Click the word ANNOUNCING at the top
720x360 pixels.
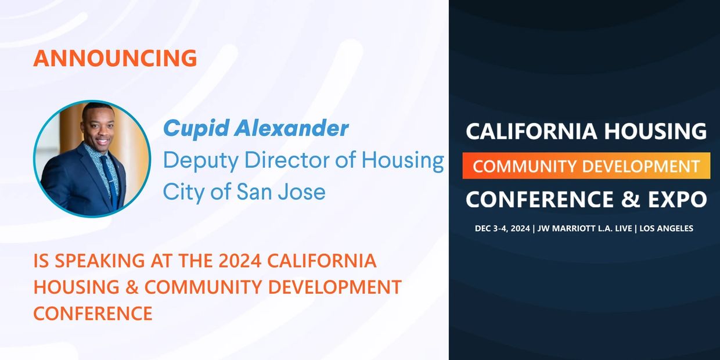(115, 58)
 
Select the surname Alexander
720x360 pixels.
(291, 128)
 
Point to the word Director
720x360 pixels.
(287, 160)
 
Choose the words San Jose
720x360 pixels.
(281, 192)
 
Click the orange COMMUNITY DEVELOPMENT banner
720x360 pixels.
(586, 166)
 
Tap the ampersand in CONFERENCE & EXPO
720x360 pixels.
(631, 199)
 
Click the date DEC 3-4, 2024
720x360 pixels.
(502, 229)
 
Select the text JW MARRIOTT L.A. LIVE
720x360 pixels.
(585, 229)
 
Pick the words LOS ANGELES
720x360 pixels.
(667, 229)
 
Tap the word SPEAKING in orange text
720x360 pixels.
(100, 261)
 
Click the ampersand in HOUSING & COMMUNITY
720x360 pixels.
(132, 287)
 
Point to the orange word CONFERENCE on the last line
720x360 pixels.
(93, 314)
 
